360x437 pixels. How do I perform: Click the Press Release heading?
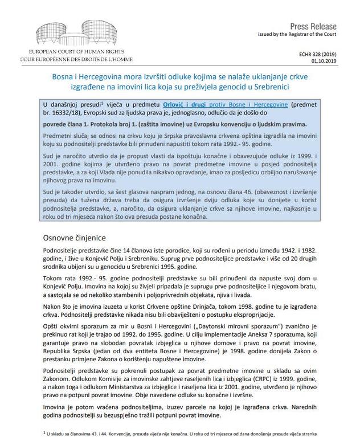pos(313,27)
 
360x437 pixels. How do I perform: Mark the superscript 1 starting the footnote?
pos(44,432)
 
